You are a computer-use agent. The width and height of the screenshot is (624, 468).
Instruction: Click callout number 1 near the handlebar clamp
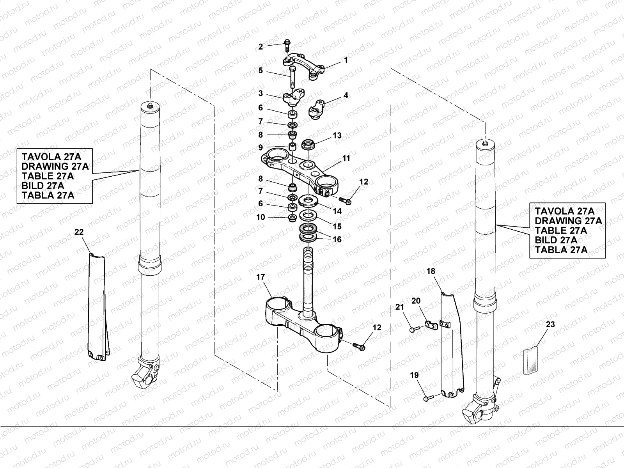346,60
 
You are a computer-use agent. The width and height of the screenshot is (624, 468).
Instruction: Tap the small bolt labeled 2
287,43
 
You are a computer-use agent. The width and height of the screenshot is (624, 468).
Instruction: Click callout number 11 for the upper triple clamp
346,159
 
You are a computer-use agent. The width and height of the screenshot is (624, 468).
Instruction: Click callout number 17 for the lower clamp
261,277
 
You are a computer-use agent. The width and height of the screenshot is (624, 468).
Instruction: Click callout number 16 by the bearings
337,239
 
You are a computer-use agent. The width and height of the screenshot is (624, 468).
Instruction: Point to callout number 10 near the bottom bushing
261,217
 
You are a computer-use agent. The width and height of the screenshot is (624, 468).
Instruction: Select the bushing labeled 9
292,147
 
